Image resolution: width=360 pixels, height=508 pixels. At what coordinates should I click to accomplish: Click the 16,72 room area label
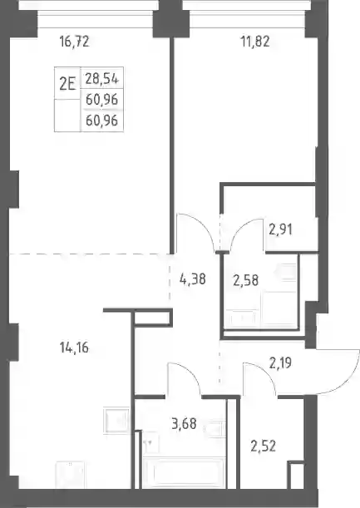74,42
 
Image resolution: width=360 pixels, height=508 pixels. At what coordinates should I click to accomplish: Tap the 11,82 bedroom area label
255,42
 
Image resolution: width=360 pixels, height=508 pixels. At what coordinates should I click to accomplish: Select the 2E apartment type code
67,84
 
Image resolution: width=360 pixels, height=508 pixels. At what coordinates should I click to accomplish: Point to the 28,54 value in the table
102,79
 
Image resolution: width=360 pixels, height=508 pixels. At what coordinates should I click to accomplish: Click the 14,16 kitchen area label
74,348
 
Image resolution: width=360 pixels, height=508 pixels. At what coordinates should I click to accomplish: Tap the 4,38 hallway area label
193,279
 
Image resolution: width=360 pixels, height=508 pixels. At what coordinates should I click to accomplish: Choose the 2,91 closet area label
281,229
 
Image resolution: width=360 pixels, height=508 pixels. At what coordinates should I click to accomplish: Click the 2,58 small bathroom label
246,280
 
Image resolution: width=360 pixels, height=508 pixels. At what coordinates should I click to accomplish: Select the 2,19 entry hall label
281,363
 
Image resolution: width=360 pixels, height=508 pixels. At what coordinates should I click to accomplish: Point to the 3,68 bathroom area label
184,423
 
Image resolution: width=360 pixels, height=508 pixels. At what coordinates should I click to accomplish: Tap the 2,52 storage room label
263,446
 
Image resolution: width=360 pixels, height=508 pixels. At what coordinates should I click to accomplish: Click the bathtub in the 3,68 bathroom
184,473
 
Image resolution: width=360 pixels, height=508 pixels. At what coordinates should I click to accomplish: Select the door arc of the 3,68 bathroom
190,372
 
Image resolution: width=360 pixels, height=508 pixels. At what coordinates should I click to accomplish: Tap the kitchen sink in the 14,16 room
116,420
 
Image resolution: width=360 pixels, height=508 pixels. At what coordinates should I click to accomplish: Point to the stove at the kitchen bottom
70,475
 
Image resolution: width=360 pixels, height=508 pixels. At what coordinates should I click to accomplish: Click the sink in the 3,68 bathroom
214,429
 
